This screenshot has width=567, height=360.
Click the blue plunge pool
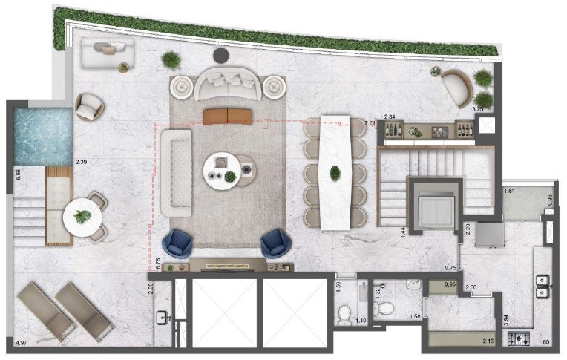(x=43, y=136)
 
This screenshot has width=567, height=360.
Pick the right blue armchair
(x=275, y=241)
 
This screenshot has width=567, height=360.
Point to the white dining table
(x=335, y=171)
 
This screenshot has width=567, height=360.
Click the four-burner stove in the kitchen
(x=517, y=338)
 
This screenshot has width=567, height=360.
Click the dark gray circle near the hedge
(x=221, y=55)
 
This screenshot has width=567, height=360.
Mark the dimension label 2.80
(x=471, y=287)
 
